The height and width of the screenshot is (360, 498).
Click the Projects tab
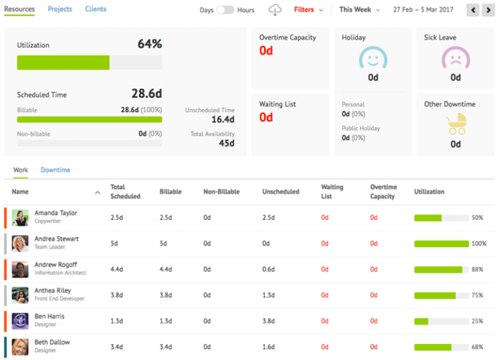pos(60,9)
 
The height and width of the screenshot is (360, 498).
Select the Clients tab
pos(95,9)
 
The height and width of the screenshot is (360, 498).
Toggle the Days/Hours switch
pos(226,10)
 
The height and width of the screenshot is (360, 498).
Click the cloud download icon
pos(276,10)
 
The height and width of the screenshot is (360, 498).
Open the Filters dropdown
pos(308,10)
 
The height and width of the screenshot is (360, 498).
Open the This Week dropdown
pos(359,10)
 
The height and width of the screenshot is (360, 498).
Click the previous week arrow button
pos(473,10)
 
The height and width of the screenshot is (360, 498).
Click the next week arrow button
pos(488,10)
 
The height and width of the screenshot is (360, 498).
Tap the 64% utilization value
pos(149,44)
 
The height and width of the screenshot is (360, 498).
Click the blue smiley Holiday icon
pos(373,59)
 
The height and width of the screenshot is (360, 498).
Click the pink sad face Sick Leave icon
pos(455,59)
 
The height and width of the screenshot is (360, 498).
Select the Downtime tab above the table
pos(55,170)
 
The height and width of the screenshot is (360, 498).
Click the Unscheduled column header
pos(280,192)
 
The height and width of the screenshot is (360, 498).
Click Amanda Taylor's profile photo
pos(20,218)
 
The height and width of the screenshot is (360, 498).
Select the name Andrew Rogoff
pos(56,265)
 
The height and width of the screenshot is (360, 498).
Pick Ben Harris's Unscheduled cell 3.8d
pos(269,321)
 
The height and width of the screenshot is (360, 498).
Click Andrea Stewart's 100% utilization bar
pos(441,244)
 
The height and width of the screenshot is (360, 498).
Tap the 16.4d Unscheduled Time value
pos(222,119)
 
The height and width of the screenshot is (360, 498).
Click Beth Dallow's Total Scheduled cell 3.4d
pos(117,347)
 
